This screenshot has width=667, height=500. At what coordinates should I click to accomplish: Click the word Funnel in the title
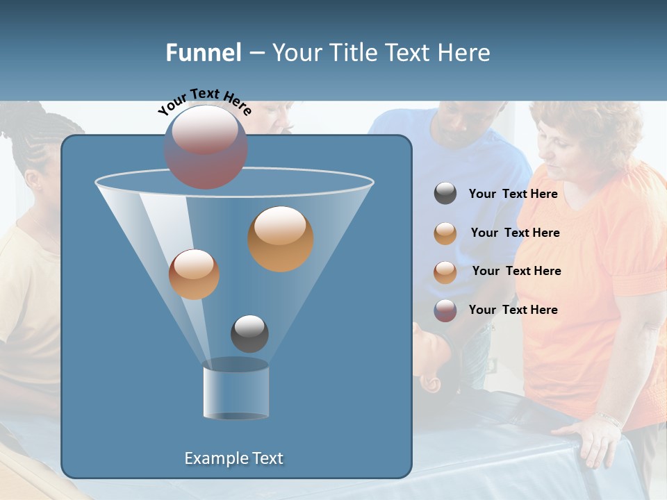tap(204, 53)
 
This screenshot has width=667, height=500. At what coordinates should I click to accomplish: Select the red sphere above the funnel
tap(206, 147)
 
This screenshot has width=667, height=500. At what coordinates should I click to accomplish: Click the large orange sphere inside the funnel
tap(280, 238)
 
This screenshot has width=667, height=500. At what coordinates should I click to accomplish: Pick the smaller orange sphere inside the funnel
tap(194, 274)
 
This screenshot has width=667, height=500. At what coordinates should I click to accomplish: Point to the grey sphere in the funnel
tap(249, 333)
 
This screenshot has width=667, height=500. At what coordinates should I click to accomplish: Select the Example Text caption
tap(233, 458)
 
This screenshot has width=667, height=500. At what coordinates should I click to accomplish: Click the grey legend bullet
tap(445, 194)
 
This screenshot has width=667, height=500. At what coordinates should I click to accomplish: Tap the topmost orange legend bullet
tap(445, 233)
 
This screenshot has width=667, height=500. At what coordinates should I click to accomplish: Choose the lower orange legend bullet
tap(445, 272)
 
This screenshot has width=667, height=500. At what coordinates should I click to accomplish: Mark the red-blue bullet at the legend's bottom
tap(445, 310)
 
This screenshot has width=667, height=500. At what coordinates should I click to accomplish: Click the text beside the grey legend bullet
tap(513, 194)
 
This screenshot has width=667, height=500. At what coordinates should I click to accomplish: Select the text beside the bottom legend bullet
tap(513, 310)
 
